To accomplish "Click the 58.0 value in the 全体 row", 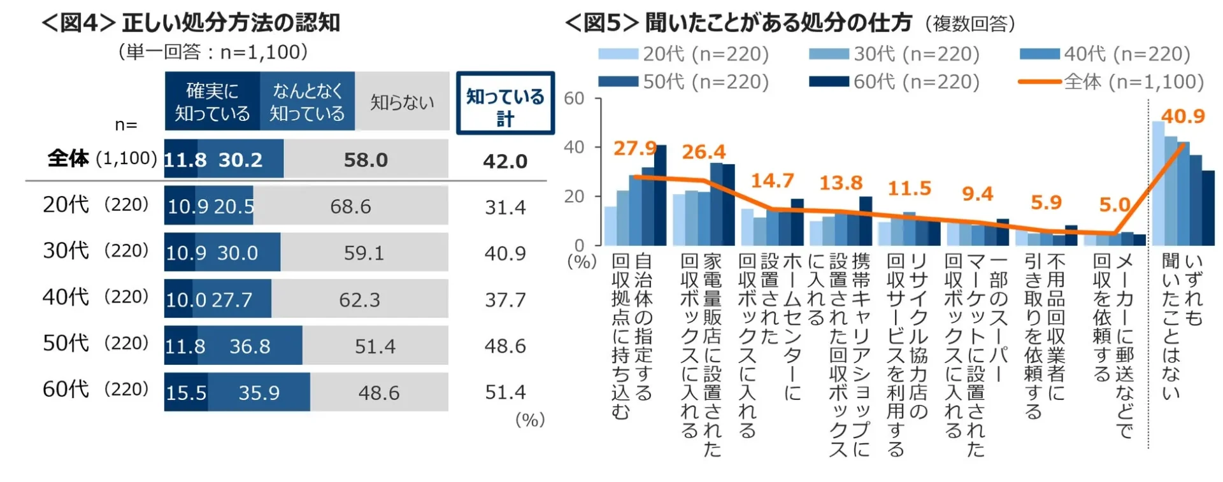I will (x=366, y=160).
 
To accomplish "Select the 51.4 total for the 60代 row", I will (x=505, y=392).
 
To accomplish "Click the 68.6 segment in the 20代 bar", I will (x=350, y=206).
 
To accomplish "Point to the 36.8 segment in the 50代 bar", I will (x=250, y=346).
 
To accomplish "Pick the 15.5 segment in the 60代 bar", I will (x=186, y=392).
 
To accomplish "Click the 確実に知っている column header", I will (x=212, y=102).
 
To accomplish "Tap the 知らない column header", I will (x=402, y=102).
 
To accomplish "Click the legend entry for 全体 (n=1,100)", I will (x=1112, y=82).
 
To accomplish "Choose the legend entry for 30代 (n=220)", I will (x=894, y=54).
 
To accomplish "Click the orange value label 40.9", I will (x=1183, y=117).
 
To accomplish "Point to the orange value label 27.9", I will (x=634, y=148).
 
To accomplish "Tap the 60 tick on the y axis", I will (x=574, y=99).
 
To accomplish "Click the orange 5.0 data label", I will (x=1114, y=205).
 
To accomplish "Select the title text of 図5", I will (x=739, y=23).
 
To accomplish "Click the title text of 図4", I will (x=191, y=23).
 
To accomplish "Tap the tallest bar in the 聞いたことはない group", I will (x=1158, y=183).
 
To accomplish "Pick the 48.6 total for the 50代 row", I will (x=505, y=346).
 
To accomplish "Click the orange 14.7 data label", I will (x=772, y=181).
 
